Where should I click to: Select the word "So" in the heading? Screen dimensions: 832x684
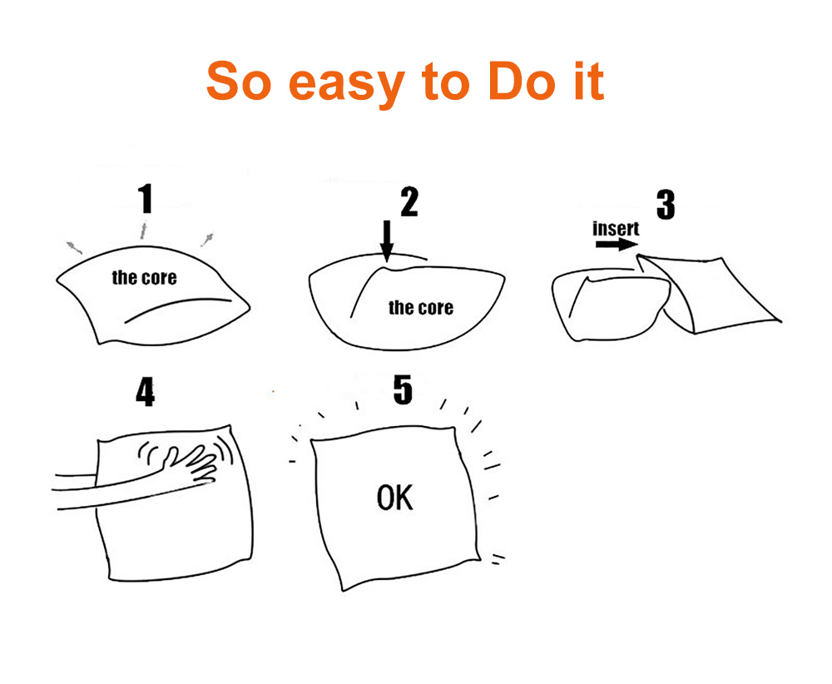(x=239, y=81)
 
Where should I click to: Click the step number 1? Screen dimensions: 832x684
(x=146, y=199)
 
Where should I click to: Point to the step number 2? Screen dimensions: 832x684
(x=409, y=201)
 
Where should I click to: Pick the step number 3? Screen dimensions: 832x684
(x=666, y=205)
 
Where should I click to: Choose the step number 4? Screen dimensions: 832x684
(x=146, y=392)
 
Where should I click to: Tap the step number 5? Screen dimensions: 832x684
(x=403, y=389)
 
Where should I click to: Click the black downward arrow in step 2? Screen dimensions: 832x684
(x=388, y=241)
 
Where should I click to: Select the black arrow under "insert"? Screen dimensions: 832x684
(x=617, y=245)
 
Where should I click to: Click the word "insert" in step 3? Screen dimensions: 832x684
(x=616, y=228)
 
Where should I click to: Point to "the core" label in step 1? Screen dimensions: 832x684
(x=144, y=278)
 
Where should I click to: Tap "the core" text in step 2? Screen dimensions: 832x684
(x=421, y=307)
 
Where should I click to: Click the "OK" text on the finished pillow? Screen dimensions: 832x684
(x=394, y=498)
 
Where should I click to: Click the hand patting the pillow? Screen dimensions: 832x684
(x=191, y=463)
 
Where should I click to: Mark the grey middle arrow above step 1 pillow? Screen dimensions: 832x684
(x=143, y=231)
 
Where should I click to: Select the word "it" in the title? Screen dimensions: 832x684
(x=590, y=81)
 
